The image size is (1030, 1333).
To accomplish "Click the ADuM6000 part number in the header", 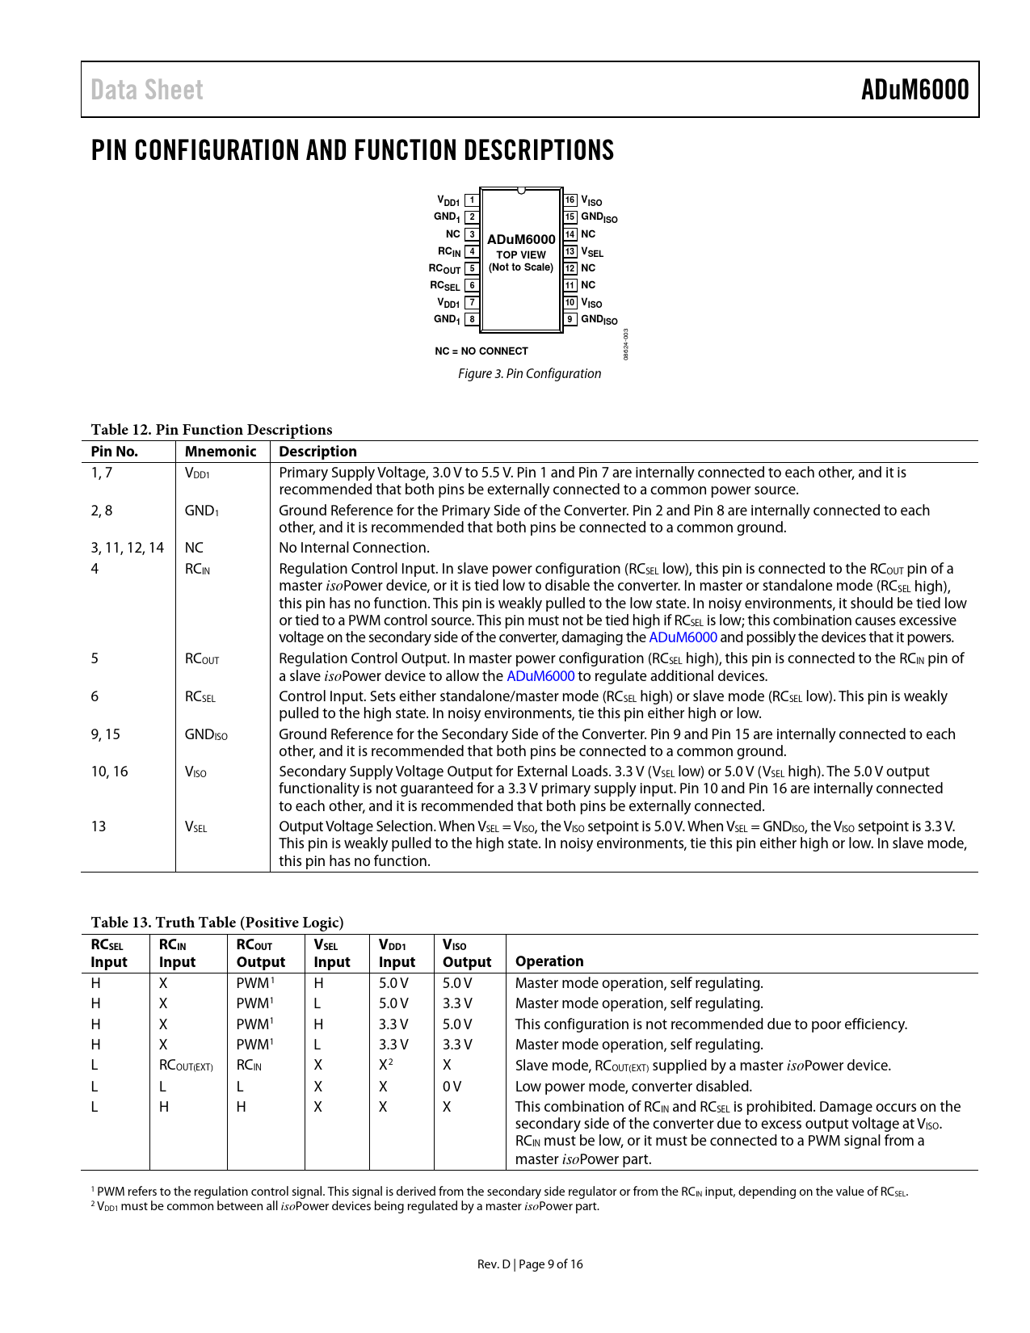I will point(914,90).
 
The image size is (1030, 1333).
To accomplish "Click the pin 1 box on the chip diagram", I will point(473,200).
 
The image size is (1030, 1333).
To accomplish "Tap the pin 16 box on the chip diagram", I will point(570,200).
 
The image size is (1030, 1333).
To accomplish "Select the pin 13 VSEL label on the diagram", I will point(592,252).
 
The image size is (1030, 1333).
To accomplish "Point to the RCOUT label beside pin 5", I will point(444,269).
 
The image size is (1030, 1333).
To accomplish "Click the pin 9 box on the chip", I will point(570,319).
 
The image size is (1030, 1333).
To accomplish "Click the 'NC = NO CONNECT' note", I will point(481,351).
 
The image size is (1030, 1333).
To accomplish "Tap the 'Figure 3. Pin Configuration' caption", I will point(529,373).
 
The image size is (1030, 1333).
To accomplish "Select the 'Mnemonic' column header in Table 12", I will point(221,452).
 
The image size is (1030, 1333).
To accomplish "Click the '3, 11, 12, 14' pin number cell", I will point(128,548).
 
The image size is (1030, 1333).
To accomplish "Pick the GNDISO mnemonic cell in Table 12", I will point(206,734).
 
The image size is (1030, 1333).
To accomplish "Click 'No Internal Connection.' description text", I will point(354,548).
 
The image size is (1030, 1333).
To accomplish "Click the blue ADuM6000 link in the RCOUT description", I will point(540,676).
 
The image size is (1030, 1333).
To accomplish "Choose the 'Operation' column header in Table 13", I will point(549,961).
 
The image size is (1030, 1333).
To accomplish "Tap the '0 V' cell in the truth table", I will point(452,1087).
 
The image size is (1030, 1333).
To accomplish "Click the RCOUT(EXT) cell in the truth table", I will point(186,1066).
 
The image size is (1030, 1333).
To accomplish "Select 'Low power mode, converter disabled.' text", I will point(633,1087).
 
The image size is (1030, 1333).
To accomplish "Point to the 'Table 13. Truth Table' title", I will point(217,923).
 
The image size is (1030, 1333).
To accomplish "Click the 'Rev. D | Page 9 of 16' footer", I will point(530,1264).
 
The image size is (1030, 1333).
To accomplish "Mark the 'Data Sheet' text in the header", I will point(147,90).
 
